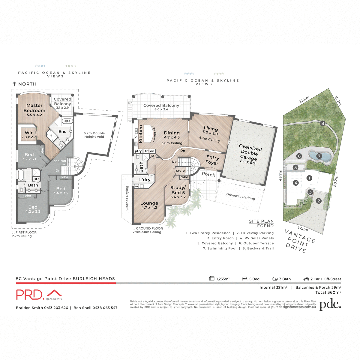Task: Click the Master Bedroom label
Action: (34, 108)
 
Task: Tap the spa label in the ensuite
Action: (67, 121)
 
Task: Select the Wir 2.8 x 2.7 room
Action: (28, 134)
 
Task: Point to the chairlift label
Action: (60, 161)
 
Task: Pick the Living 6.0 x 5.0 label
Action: (210, 130)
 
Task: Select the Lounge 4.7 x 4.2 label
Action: (149, 205)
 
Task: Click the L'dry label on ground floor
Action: (145, 180)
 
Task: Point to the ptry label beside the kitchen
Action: (138, 151)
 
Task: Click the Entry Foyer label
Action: (212, 160)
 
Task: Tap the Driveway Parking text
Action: (241, 196)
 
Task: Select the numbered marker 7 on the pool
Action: (319, 156)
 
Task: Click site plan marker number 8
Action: (322, 123)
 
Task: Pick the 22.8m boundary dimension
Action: (304, 100)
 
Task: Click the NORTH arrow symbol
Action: (14, 84)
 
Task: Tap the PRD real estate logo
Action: (39, 295)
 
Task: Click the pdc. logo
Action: (330, 305)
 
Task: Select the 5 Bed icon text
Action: (251, 279)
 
